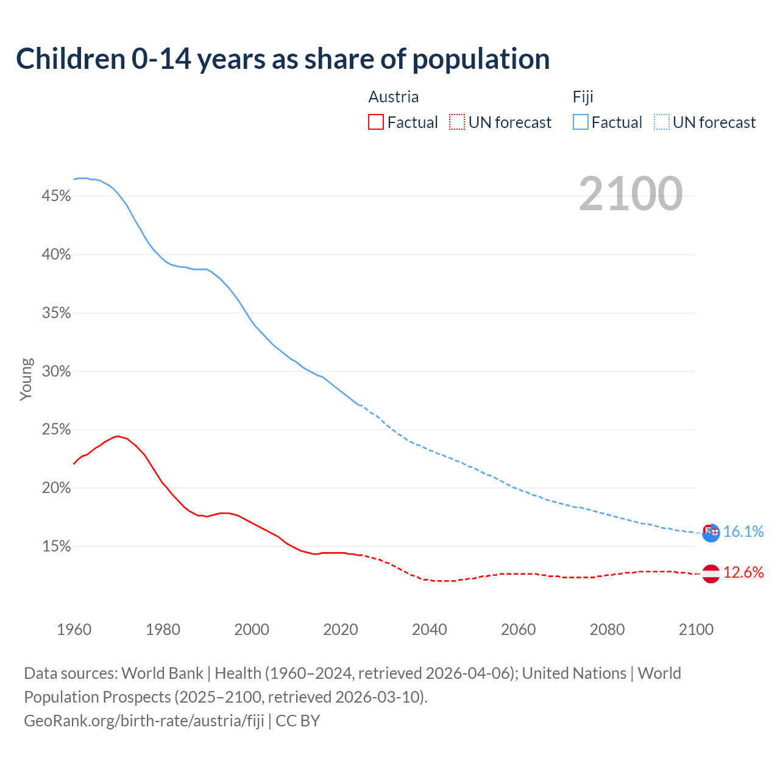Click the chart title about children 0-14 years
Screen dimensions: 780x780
click(x=283, y=59)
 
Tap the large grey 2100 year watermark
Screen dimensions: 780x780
click(x=630, y=194)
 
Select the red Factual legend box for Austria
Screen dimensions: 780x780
click(x=376, y=122)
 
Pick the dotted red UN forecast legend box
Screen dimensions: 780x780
click(x=457, y=122)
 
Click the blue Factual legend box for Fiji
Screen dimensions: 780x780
click(x=581, y=122)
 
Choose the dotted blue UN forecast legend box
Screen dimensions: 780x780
click(x=662, y=122)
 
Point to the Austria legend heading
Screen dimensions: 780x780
click(x=394, y=97)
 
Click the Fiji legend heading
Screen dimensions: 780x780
click(x=583, y=97)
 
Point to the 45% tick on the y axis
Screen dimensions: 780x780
click(x=57, y=196)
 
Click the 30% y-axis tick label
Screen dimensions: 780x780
click(x=57, y=372)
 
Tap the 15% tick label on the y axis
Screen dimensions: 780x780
click(x=57, y=547)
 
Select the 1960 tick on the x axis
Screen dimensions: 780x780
click(x=74, y=629)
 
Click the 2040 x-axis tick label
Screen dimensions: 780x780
click(x=430, y=629)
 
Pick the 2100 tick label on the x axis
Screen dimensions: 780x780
click(x=696, y=629)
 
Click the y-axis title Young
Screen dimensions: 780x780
click(x=26, y=379)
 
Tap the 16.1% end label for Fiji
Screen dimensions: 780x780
click(x=743, y=532)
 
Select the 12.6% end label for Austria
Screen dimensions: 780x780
click(x=743, y=573)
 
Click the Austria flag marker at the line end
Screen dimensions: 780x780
click(x=711, y=573)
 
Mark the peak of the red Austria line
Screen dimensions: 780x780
click(x=118, y=436)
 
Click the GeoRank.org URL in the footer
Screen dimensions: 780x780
click(x=144, y=721)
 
